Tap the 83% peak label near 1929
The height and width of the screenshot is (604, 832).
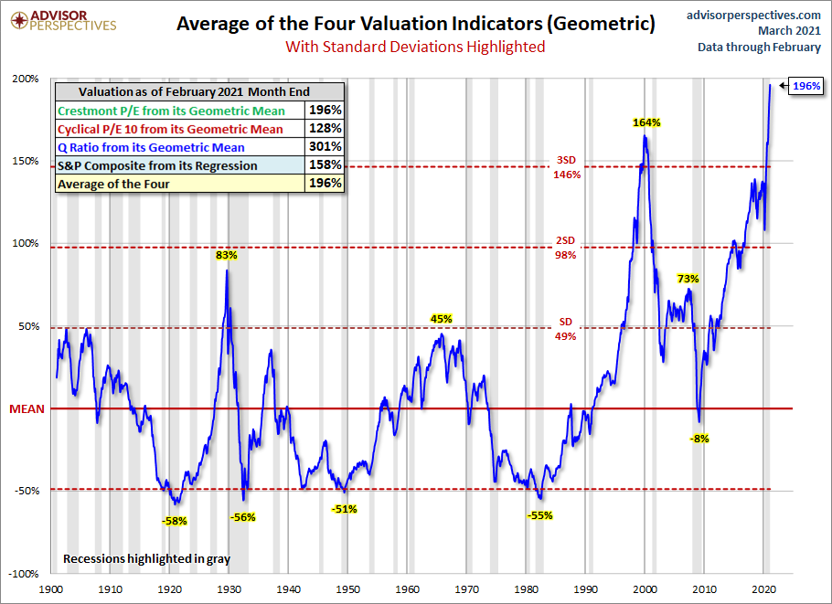(227, 256)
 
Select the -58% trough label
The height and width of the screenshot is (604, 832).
(174, 521)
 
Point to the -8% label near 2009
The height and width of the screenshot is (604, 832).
(699, 439)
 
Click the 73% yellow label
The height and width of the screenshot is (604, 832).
(688, 279)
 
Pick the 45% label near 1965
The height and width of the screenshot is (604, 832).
(442, 319)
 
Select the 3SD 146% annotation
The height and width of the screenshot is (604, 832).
(566, 167)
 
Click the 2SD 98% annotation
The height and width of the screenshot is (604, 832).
(566, 248)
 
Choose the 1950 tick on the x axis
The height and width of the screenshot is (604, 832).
(348, 591)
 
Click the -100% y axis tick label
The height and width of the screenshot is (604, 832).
(24, 574)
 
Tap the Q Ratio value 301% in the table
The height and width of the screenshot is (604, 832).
(325, 146)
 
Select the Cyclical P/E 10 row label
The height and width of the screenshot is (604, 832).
(170, 129)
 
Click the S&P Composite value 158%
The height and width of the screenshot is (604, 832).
(325, 164)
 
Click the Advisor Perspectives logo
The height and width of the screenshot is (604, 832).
(60, 20)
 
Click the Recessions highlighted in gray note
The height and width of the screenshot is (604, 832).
(146, 557)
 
